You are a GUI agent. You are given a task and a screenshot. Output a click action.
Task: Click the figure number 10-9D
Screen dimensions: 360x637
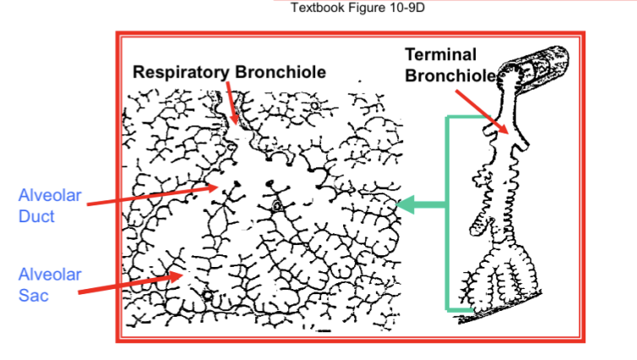404,8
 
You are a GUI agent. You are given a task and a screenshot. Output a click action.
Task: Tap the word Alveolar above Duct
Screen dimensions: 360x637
50,196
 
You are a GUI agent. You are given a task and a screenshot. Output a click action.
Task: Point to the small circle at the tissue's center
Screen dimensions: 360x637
276,205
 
